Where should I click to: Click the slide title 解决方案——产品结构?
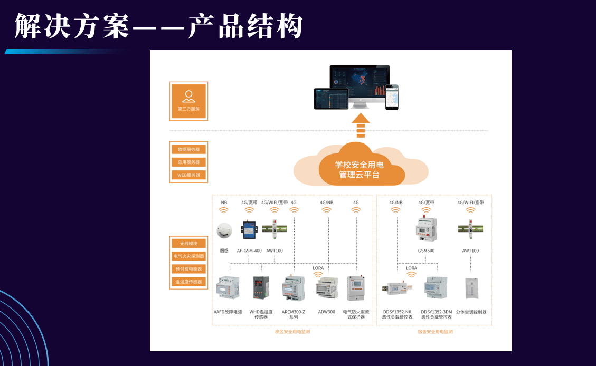coord(158,26)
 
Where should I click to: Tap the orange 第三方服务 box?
coord(188,101)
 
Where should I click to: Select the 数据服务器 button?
coord(188,149)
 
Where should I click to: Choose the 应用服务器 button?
coord(188,162)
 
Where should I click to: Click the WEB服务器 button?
coord(188,175)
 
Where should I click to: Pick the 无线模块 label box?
coord(188,243)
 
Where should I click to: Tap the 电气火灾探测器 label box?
coord(188,256)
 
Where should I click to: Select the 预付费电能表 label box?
coord(188,268)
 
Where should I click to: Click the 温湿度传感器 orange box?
coord(188,282)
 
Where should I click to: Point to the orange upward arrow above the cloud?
coord(361,124)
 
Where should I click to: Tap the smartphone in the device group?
coord(391,97)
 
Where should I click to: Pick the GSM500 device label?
coord(426,251)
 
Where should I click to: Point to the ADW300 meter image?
coord(326,288)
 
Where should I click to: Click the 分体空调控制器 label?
coord(471,312)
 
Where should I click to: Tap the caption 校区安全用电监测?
coord(292,332)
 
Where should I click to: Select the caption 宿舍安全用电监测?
coord(435,332)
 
